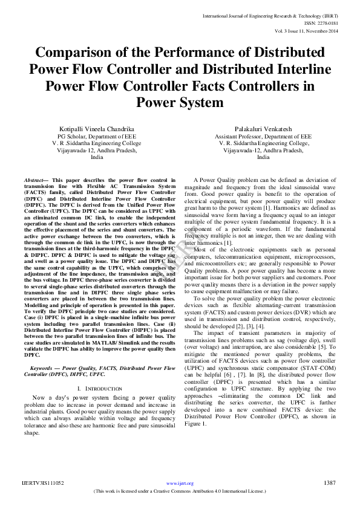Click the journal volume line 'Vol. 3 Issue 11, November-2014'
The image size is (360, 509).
pos(313,30)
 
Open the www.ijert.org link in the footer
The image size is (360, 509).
pos(180,483)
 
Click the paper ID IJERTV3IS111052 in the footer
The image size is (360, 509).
pos(43,483)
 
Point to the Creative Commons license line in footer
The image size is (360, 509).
pos(180,491)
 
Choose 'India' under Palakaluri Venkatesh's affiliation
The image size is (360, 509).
pos(263,157)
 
